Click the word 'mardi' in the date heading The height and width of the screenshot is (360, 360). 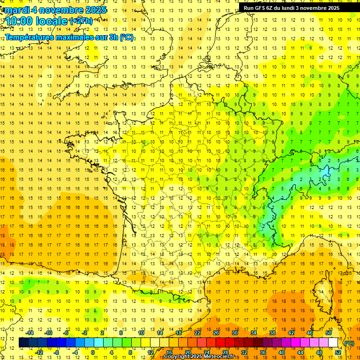(x=16, y=10)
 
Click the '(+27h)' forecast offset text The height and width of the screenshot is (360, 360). (x=81, y=21)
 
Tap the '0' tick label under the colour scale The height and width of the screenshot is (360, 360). (x=92, y=352)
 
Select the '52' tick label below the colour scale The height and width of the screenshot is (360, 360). (x=338, y=352)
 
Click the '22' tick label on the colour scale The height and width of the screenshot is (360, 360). (x=198, y=333)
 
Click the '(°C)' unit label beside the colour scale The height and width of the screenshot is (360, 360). (x=349, y=343)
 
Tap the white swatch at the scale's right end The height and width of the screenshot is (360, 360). (x=333, y=343)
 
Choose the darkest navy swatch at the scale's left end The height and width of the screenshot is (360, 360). (x=24, y=343)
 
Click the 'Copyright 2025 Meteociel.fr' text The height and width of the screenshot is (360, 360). (x=199, y=357)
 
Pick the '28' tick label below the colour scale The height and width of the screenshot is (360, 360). (x=225, y=352)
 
